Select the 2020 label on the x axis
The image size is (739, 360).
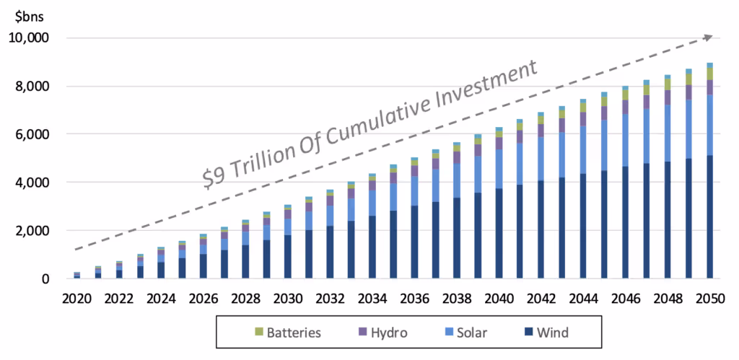(77, 299)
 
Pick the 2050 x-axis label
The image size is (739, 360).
(710, 299)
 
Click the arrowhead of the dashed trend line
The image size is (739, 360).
(708, 37)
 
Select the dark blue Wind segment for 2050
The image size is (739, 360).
(710, 216)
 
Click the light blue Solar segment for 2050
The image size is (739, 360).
(710, 124)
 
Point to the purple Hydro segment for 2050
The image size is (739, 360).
(710, 87)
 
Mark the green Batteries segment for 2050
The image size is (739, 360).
(710, 73)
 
